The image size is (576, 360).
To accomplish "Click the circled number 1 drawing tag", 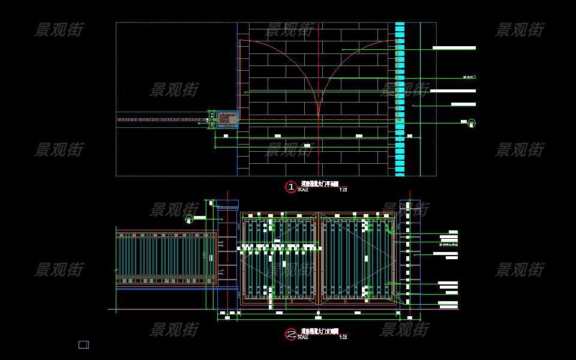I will [x=291, y=187].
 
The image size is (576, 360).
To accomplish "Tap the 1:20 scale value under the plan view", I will [x=343, y=190].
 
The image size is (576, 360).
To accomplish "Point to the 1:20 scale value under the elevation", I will [x=343, y=337].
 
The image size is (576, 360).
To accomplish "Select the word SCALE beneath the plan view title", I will [x=302, y=190].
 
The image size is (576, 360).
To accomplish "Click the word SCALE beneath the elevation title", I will [x=302, y=337].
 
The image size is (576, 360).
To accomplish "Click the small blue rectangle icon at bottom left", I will [x=83, y=344].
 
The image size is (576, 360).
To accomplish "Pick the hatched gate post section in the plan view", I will [x=226, y=119].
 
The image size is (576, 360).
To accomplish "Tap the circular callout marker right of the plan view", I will [x=472, y=123].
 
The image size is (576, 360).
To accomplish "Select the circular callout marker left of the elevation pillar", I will [x=190, y=220].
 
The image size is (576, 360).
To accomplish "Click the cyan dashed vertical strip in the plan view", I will [x=400, y=99].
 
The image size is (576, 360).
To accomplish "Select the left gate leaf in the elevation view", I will [x=280, y=258].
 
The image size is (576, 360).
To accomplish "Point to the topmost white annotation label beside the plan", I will [x=454, y=48].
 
